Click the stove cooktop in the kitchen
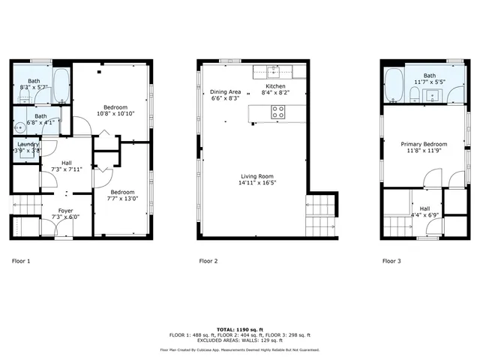277,112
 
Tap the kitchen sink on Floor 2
272,73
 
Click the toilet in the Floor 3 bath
414,94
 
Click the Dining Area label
225,91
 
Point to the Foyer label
66,211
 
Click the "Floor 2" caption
208,262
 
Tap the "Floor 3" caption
391,262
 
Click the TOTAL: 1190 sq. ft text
239,329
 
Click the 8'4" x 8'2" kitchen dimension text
274,94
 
